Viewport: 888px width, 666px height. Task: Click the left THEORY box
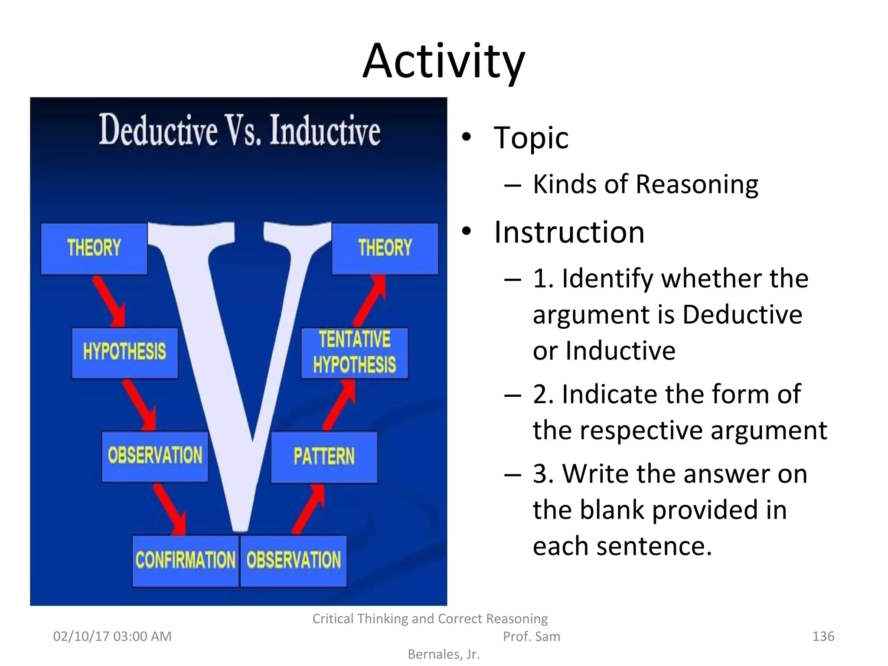94,248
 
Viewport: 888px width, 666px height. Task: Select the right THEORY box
385,248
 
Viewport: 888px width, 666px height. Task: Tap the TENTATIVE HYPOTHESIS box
355,353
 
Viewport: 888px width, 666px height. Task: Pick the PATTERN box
324,457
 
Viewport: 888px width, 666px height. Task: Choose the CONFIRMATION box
186,560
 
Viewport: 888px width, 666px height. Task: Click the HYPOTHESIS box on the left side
124,352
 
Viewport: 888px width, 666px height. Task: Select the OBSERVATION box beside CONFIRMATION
294,560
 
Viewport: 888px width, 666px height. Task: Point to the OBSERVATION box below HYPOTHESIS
155,456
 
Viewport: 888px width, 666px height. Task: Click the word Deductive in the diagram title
158,130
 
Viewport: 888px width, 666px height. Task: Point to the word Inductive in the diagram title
325,130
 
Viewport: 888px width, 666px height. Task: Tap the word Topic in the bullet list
531,138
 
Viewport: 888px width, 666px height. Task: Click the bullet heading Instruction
569,232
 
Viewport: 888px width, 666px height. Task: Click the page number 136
823,636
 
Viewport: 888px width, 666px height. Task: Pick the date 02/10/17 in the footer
81,636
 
